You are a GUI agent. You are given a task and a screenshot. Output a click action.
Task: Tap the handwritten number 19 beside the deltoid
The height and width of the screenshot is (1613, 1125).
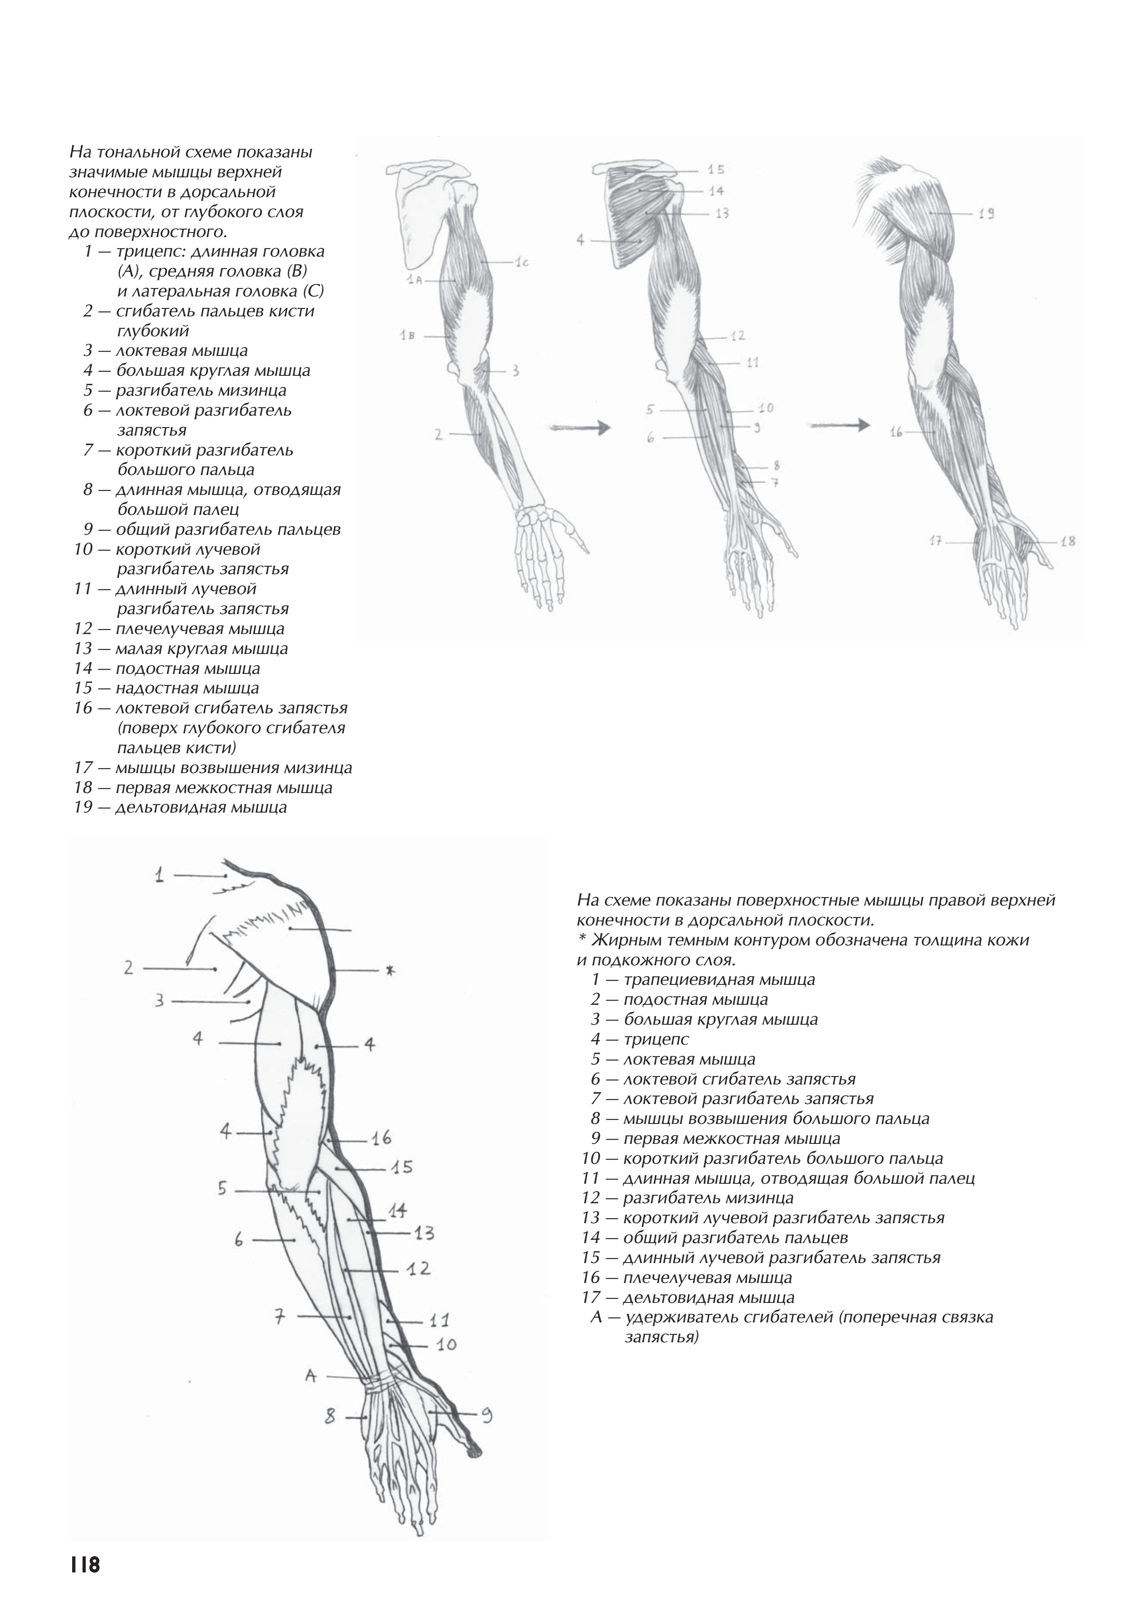pyautogui.click(x=986, y=213)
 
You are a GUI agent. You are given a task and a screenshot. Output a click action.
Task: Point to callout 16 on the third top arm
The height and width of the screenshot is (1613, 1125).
pyautogui.click(x=896, y=432)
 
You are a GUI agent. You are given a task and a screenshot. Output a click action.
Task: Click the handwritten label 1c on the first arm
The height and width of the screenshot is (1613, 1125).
pyautogui.click(x=521, y=263)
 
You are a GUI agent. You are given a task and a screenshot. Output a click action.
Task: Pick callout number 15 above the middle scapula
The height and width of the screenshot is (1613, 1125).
pyautogui.click(x=715, y=169)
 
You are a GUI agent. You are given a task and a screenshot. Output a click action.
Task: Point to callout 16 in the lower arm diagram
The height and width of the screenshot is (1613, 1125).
pyautogui.click(x=381, y=1137)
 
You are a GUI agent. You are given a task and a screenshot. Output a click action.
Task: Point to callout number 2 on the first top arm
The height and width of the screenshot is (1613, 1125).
pyautogui.click(x=439, y=435)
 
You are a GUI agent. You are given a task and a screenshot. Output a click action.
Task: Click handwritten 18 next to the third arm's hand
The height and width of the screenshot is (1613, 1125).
pyautogui.click(x=1067, y=542)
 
